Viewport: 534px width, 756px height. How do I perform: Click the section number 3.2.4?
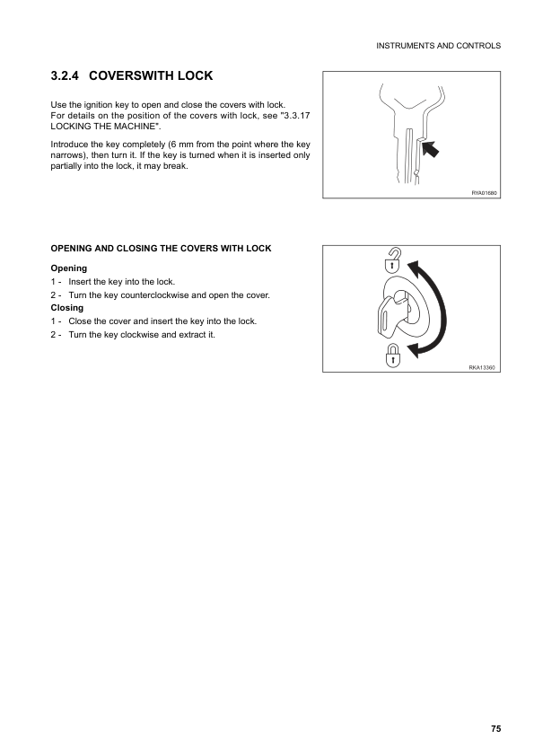(65, 75)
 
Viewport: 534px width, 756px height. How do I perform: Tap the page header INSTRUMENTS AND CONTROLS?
(438, 46)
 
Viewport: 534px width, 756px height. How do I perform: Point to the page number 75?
(496, 728)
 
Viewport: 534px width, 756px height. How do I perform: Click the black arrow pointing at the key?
(430, 148)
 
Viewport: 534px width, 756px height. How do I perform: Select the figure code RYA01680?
(484, 193)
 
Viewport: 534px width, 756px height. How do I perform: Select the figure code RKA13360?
(482, 367)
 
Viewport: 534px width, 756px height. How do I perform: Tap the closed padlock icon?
(393, 356)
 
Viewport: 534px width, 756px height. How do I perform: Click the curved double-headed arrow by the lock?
(442, 309)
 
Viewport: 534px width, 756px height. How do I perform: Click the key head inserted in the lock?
(390, 316)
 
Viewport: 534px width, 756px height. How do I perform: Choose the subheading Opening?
(69, 268)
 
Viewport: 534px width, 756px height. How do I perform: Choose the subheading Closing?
(67, 308)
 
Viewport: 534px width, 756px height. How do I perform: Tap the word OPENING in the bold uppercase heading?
(71, 249)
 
